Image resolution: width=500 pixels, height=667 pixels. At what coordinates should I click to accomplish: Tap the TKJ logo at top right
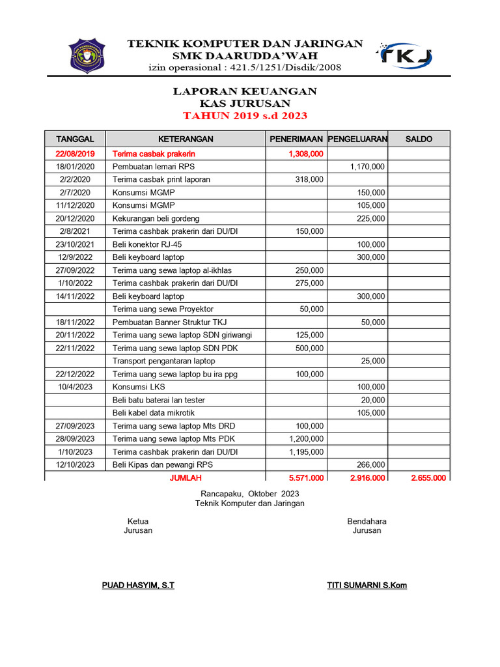[x=406, y=55]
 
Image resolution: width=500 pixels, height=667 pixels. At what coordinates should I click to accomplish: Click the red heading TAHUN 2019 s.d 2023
[x=245, y=116]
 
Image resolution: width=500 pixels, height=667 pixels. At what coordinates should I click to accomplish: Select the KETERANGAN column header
[x=186, y=139]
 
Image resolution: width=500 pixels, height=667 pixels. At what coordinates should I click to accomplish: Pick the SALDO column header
[x=418, y=139]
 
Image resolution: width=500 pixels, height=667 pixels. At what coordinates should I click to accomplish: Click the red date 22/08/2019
[x=76, y=154]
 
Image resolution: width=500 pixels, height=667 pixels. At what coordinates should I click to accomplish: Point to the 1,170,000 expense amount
[x=367, y=167]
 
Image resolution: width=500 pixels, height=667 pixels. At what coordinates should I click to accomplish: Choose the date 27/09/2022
[x=76, y=270]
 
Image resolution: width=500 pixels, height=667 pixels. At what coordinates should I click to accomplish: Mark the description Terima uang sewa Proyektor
[x=163, y=309]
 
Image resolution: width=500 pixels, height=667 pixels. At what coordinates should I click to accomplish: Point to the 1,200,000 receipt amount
[x=306, y=438]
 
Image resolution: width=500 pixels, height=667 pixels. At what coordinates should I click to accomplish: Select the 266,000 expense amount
[x=371, y=464]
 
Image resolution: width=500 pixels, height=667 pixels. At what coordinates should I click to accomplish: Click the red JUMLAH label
[x=186, y=477]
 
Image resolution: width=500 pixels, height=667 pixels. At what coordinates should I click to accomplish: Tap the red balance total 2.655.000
[x=428, y=477]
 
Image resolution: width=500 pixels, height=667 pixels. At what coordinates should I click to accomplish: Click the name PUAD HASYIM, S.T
[x=138, y=585]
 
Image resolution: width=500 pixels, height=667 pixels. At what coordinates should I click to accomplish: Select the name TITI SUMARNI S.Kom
[x=367, y=585]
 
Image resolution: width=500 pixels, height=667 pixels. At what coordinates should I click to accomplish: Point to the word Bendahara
[x=367, y=521]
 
